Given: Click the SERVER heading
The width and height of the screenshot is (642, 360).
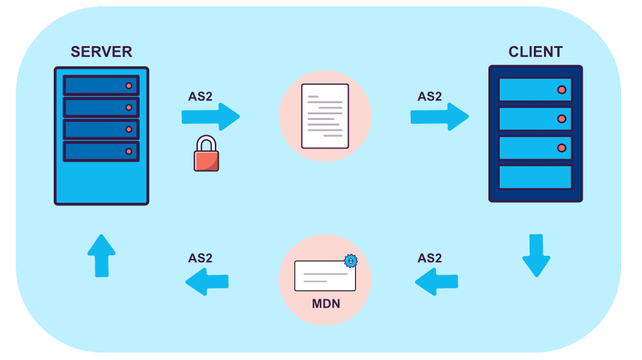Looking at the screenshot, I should [101, 52].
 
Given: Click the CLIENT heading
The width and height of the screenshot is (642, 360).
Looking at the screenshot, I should [535, 52].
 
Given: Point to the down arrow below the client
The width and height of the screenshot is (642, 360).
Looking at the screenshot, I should [536, 255].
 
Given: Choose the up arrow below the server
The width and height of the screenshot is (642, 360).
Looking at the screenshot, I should [101, 255].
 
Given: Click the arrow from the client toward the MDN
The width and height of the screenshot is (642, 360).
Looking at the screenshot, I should [436, 281].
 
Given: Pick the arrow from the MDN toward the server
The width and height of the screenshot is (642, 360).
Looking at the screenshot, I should [207, 281].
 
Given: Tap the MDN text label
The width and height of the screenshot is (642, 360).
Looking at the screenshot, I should [325, 304].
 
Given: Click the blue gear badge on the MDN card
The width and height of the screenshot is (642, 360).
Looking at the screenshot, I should [351, 260].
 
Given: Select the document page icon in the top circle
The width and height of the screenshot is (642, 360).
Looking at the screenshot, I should [325, 116].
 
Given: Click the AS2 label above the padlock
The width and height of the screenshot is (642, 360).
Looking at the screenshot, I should [200, 97].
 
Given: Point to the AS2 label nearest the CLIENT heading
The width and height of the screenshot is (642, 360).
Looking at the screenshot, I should [430, 97].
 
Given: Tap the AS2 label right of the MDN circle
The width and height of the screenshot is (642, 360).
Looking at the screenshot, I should [430, 258].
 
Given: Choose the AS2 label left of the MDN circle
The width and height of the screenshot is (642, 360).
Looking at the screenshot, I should [200, 258].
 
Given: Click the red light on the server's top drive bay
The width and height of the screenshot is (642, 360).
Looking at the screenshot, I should [129, 85].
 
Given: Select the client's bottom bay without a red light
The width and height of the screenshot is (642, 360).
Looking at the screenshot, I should [535, 177].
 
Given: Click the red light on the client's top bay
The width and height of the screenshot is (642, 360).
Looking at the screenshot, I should [561, 90].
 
